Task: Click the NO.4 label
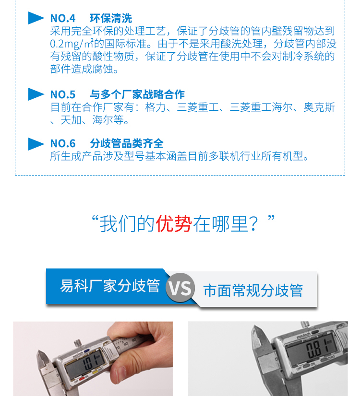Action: [x=63, y=19]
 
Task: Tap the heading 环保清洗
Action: [x=111, y=19]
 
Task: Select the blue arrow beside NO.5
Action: [x=36, y=94]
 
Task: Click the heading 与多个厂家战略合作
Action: [x=137, y=94]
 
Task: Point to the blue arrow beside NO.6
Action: [x=36, y=143]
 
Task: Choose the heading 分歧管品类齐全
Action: [x=127, y=143]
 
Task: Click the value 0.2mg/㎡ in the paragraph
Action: [x=72, y=44]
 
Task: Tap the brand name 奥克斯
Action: [x=319, y=107]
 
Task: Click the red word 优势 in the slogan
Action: [x=173, y=223]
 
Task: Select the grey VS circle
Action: [x=180, y=289]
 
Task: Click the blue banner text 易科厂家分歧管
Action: [x=110, y=286]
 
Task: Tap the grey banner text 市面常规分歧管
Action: [x=253, y=291]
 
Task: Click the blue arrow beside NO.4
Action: [x=36, y=18]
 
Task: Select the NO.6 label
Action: [x=63, y=143]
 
